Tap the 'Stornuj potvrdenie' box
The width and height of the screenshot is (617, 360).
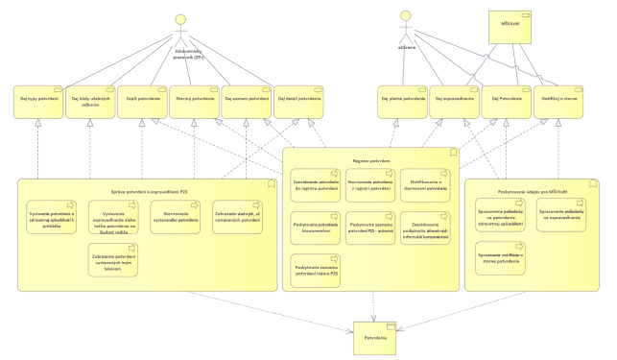click(195, 100)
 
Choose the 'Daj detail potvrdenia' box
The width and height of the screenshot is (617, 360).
click(297, 100)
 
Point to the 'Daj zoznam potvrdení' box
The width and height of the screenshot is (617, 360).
click(246, 100)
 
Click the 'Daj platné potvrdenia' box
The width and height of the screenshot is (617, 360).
click(401, 100)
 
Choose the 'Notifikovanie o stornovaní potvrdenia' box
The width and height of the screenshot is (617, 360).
click(421, 185)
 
